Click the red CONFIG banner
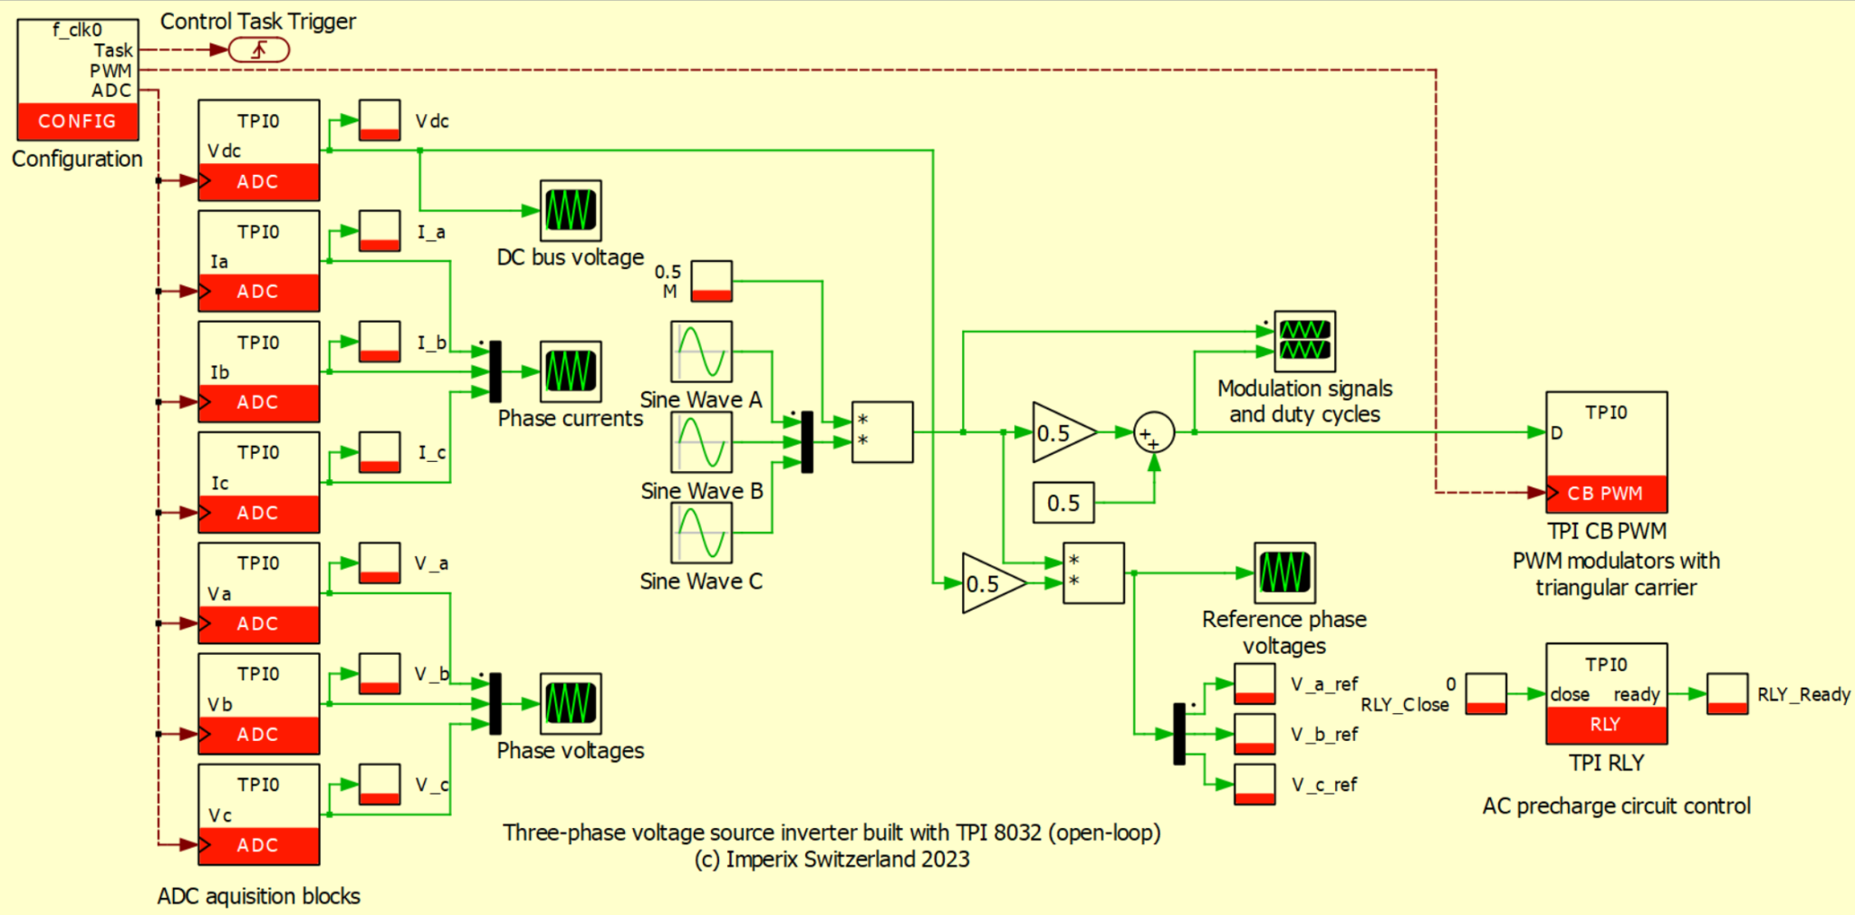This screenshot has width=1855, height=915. tap(78, 121)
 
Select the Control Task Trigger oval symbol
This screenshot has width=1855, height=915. tap(259, 50)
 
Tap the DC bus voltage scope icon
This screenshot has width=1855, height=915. tap(571, 210)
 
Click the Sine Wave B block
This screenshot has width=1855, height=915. tap(701, 442)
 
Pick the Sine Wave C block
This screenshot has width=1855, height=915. tap(701, 533)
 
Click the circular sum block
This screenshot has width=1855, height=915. tap(1154, 433)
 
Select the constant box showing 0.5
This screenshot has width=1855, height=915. tap(1063, 503)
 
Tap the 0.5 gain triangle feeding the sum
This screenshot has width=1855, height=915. tap(1060, 433)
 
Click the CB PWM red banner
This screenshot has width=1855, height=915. tap(1606, 494)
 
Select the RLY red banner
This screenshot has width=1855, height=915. tap(1606, 725)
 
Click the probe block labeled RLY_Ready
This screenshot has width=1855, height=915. tap(1727, 694)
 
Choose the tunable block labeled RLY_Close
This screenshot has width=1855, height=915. tap(1486, 694)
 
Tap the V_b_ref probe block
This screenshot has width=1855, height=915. tap(1254, 734)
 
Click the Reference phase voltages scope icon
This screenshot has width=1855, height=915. tap(1284, 573)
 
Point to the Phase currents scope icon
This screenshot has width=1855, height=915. tap(571, 371)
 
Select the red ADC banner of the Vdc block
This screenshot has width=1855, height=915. tap(259, 181)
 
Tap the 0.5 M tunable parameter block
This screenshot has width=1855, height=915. tap(712, 281)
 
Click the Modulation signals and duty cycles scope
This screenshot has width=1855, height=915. tap(1305, 342)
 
